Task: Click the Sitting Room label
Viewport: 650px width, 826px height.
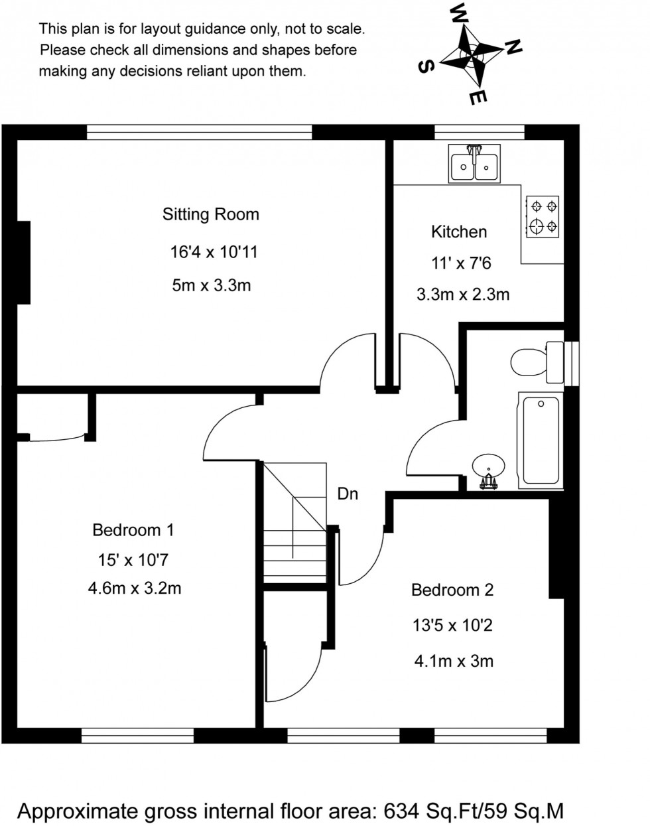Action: point(210,214)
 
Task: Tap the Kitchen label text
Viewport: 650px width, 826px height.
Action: point(459,232)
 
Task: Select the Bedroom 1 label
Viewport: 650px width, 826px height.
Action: point(133,530)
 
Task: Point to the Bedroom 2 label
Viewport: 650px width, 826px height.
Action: point(452,590)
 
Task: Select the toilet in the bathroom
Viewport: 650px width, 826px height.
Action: point(536,362)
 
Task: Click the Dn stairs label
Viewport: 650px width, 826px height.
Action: point(348,494)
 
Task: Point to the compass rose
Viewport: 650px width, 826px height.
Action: point(470,56)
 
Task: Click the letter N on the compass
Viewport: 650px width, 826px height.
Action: point(513,46)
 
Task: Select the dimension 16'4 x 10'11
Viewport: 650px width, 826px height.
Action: point(213,252)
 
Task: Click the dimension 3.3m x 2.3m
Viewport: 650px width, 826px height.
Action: point(462,295)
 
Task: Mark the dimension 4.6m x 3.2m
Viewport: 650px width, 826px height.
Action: point(134,588)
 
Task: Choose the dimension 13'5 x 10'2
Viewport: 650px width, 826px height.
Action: point(452,626)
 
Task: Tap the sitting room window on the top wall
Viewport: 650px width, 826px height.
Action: point(199,132)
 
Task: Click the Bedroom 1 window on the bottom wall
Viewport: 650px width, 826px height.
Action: point(138,735)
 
